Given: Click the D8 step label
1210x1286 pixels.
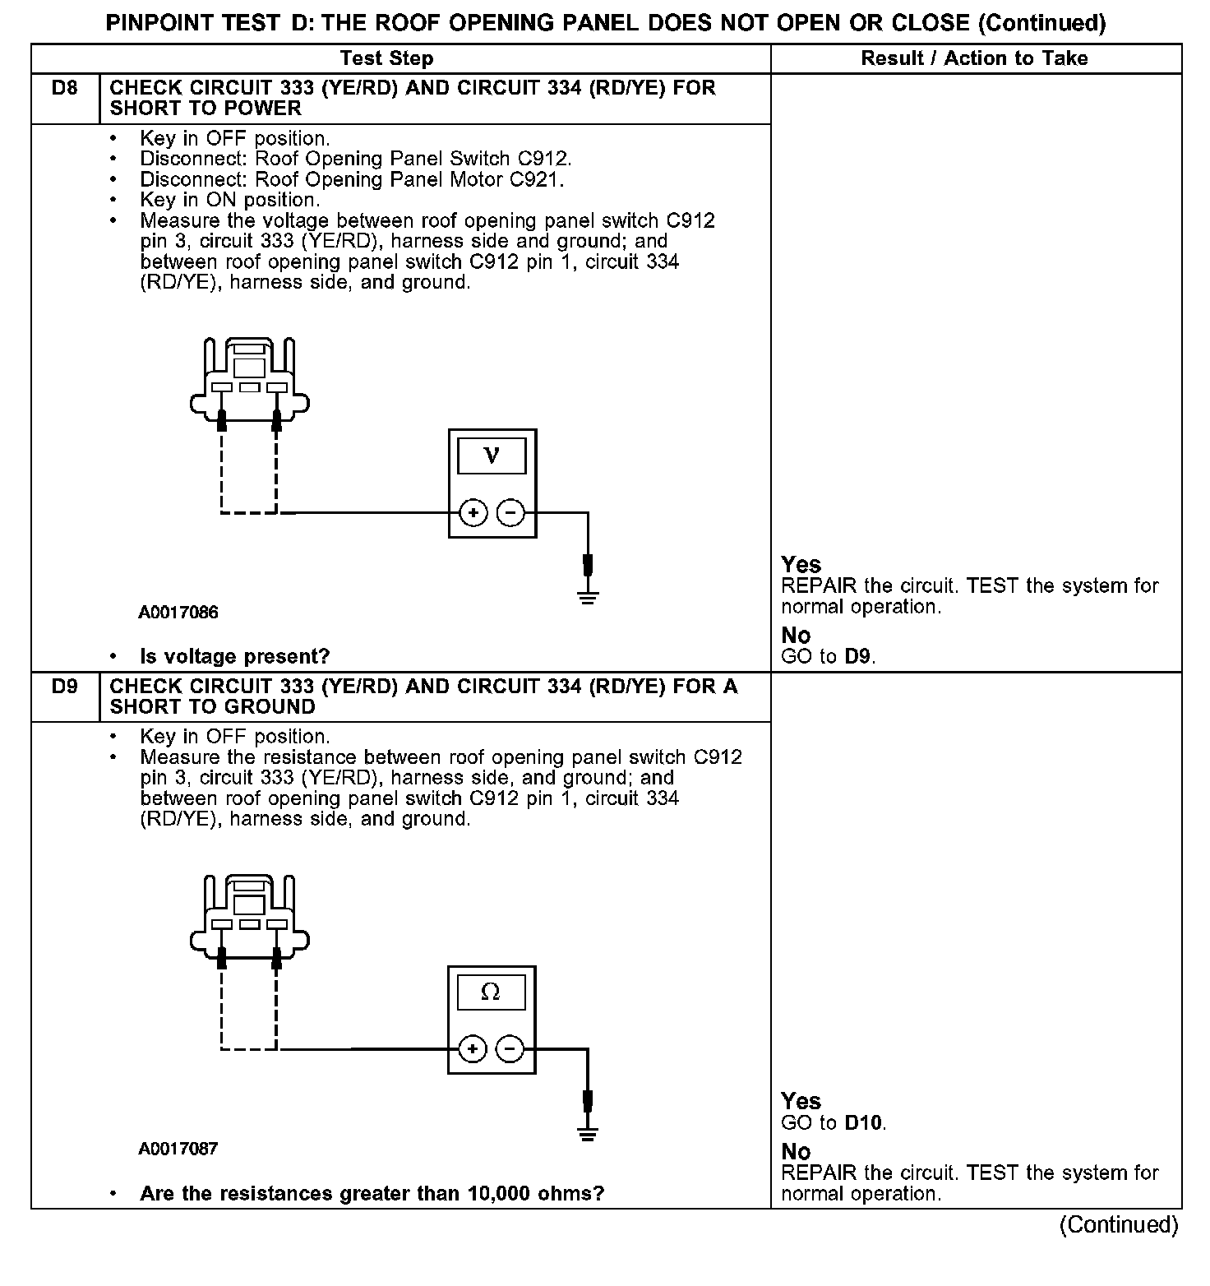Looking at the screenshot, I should pos(64,87).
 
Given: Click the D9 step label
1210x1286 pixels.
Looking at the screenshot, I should pos(64,686).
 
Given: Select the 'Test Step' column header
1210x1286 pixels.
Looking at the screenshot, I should pos(386,58).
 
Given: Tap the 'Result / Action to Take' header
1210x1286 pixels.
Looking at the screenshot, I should pos(974,58).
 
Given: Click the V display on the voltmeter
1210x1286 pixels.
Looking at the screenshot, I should pos(492,456).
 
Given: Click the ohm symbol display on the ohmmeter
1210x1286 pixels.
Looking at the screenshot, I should pos(491,992).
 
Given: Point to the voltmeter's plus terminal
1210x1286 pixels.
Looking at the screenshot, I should pos(473,513).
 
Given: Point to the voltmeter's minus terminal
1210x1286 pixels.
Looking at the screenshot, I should pos(510,513).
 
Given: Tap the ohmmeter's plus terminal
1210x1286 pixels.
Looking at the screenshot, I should pos(472,1049).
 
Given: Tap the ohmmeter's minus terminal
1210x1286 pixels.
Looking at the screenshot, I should pos(510,1049).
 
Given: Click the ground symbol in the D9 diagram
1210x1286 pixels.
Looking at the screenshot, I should pos(587,1135).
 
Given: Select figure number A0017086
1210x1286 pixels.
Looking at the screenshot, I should pos(178,613).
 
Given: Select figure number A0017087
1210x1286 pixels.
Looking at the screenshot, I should pos(178,1149).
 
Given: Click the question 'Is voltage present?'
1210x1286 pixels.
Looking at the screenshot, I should pos(235,656).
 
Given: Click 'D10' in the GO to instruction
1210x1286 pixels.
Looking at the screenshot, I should pos(865,1122).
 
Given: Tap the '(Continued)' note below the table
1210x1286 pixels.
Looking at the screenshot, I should pos(1118,1224).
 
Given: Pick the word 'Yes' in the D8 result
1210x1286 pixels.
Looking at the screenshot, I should pos(801,565).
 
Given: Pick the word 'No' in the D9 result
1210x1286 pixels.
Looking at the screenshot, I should pos(796,1151).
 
